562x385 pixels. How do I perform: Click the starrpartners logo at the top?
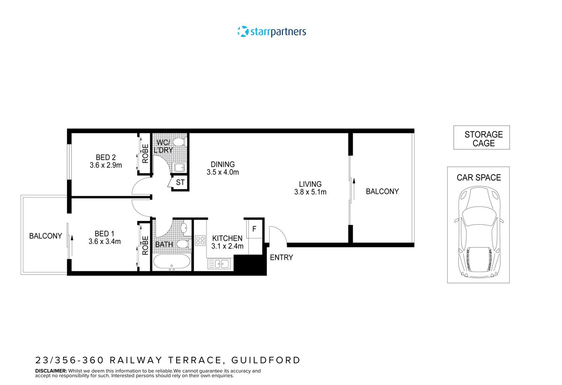(x=272, y=32)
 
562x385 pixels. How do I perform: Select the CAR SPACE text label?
(x=479, y=178)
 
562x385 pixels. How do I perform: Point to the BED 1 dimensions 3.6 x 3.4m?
(x=105, y=242)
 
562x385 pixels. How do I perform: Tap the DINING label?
(x=222, y=164)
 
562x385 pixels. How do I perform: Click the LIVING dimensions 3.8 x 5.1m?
(x=310, y=192)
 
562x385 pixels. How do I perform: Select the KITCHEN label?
(x=227, y=238)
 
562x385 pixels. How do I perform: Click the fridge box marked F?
(x=254, y=229)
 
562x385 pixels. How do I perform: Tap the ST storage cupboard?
(x=180, y=182)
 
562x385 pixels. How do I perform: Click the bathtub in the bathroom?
(x=171, y=262)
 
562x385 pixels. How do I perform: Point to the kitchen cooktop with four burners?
(x=200, y=240)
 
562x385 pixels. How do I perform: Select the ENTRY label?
(x=281, y=257)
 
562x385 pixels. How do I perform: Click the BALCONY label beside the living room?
(x=382, y=191)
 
